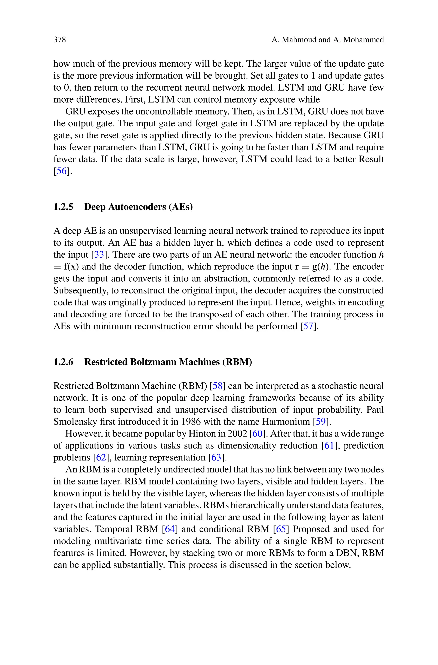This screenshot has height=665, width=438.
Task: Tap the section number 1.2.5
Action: (x=63, y=207)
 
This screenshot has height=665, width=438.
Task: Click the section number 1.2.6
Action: (x=63, y=362)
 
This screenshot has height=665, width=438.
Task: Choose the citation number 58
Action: (x=218, y=386)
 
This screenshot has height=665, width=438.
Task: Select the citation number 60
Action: (x=257, y=434)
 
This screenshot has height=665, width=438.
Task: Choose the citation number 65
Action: (x=281, y=529)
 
